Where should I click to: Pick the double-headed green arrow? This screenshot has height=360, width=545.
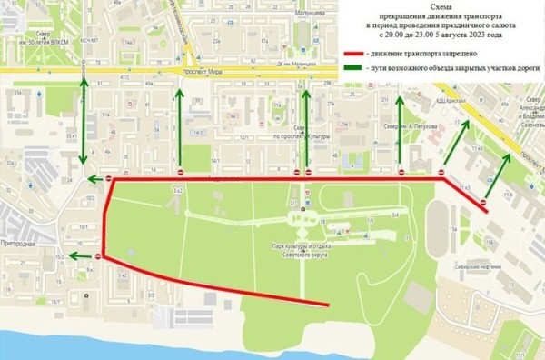84,126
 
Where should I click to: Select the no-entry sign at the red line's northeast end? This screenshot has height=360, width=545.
483,202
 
